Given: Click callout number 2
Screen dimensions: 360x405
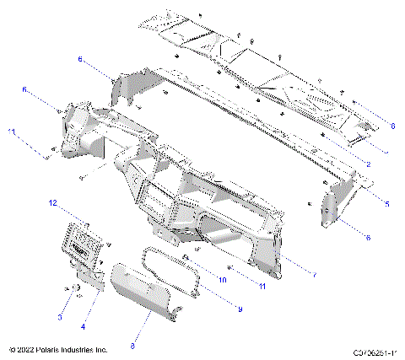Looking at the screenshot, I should [369, 163].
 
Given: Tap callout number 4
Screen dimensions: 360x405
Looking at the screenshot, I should [83, 325].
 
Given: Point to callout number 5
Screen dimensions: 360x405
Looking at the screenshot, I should [386, 203].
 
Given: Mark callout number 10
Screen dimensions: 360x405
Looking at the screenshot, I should [224, 279].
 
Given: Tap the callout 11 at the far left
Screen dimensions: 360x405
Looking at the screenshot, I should [12, 131].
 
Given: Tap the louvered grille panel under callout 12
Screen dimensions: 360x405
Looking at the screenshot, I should [82, 245].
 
